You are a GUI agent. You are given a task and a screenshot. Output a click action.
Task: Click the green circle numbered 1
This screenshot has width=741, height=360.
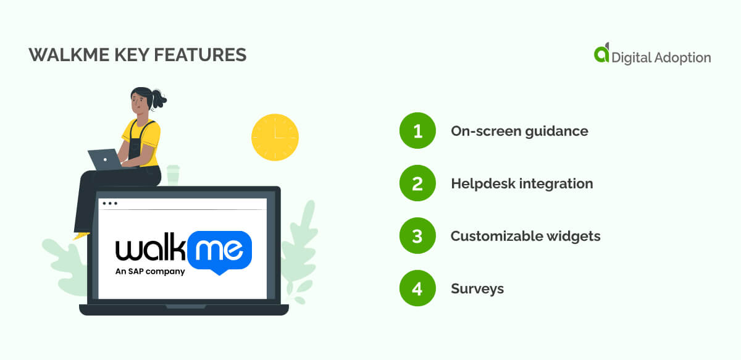(x=417, y=131)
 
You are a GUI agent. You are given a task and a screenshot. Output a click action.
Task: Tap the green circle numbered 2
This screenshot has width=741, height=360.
(x=417, y=183)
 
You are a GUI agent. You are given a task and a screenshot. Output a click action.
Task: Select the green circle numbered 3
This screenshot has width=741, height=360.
(x=417, y=236)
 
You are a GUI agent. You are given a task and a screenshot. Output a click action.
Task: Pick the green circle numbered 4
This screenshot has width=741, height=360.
(x=417, y=288)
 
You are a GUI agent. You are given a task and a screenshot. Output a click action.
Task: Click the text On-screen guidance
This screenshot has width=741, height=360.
(x=519, y=131)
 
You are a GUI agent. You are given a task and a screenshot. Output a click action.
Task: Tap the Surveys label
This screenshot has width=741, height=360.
(x=477, y=288)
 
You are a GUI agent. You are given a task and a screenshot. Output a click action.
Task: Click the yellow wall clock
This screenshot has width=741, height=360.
(x=275, y=138)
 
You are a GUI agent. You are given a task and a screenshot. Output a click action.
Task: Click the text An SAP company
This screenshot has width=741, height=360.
(x=150, y=271)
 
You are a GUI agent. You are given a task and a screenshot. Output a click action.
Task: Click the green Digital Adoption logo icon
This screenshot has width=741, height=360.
(x=601, y=54)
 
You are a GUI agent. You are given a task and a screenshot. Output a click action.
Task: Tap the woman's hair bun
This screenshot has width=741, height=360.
(x=159, y=98)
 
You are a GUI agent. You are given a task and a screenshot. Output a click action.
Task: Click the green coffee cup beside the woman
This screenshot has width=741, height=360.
(x=173, y=175)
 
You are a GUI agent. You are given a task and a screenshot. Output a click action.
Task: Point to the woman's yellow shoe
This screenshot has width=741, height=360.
(x=81, y=235)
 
